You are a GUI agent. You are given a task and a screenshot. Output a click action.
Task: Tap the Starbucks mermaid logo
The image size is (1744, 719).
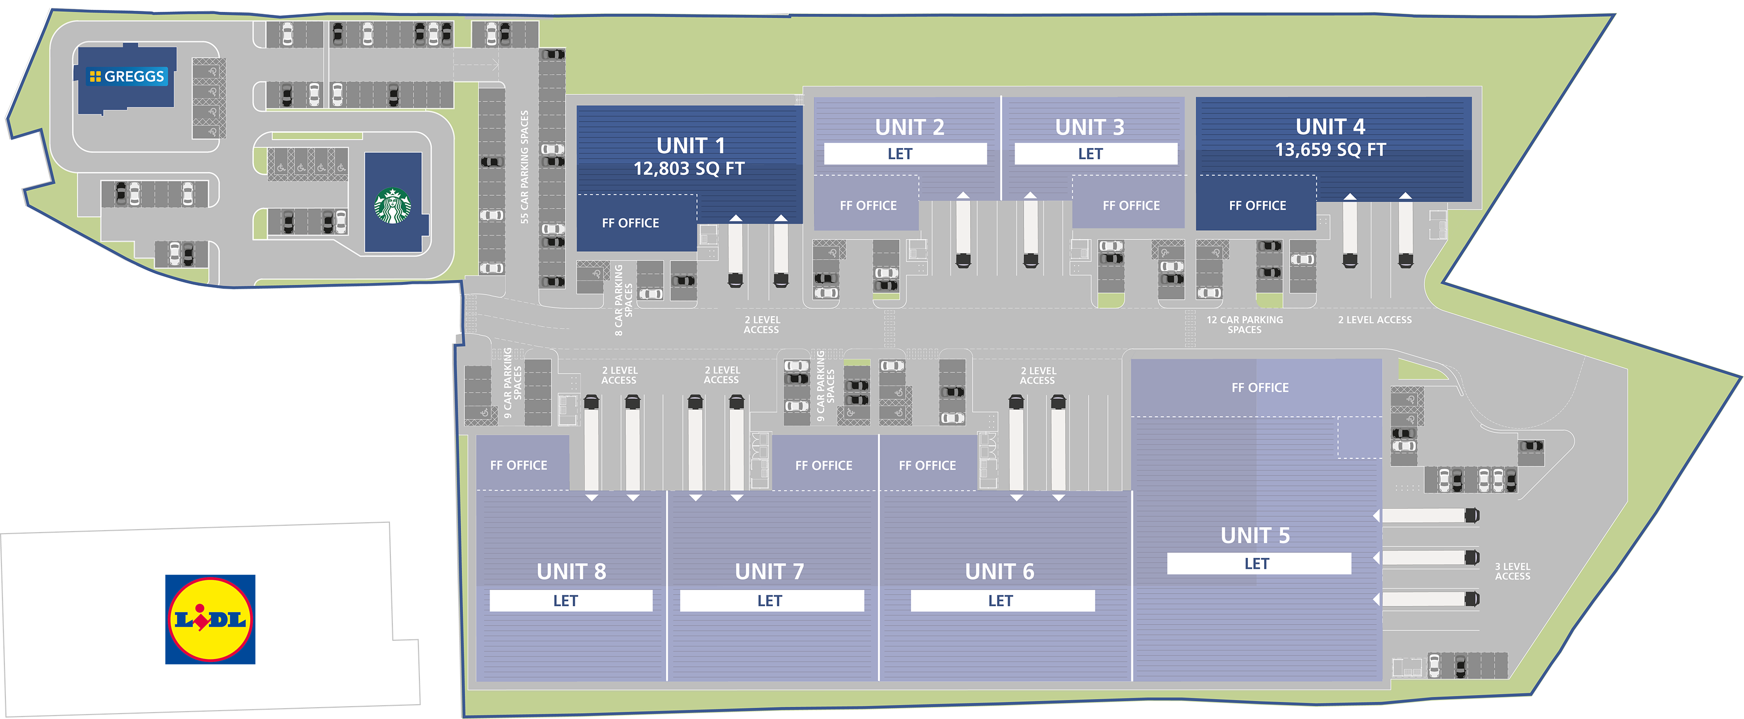pos(393,206)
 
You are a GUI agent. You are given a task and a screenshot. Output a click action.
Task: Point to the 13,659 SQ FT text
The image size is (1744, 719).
pos(1330,150)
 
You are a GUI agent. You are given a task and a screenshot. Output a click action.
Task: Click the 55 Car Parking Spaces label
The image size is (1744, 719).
pos(525,167)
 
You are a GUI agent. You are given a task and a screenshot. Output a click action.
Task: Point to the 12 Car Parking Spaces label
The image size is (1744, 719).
pos(1244,324)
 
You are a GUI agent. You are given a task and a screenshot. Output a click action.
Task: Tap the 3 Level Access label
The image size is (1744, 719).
pos(1512,571)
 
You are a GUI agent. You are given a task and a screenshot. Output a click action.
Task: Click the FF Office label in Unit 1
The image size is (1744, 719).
pos(630,223)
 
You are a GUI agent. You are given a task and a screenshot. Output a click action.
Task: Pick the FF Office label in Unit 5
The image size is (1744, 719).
pos(1260,387)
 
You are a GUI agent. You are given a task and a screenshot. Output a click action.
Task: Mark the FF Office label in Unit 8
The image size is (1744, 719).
pos(519,465)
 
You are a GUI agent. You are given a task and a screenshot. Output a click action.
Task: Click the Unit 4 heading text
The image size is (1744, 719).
pos(1330,126)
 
